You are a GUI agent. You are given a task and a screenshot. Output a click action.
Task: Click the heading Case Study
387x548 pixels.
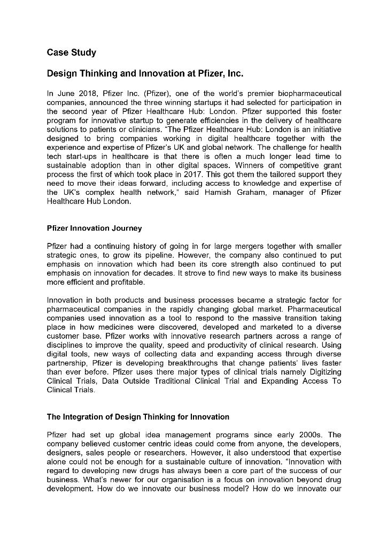[72, 52]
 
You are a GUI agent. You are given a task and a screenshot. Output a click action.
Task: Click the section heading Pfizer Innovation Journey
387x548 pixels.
[94, 228]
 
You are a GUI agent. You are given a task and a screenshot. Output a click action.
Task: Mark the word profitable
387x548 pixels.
[127, 282]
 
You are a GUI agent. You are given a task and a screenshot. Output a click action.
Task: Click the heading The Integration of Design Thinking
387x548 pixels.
[138, 417]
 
